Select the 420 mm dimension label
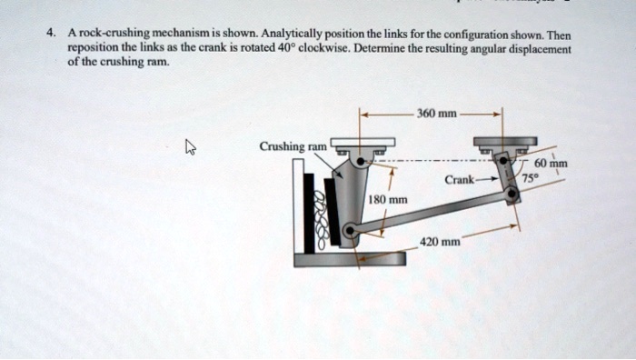[440, 242]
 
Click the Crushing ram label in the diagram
[293, 146]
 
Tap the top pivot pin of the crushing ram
[361, 162]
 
